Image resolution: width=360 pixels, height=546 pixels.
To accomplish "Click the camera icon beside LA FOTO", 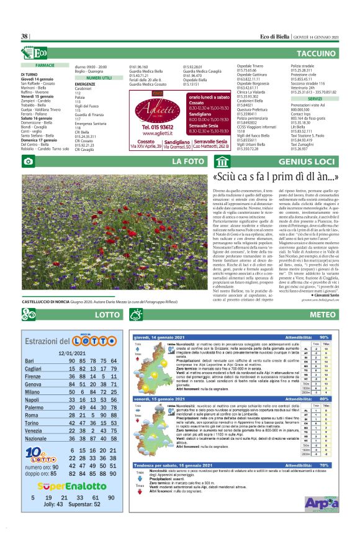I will click(x=28, y=162).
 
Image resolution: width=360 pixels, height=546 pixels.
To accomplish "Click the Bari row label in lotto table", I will click(x=29, y=361).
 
